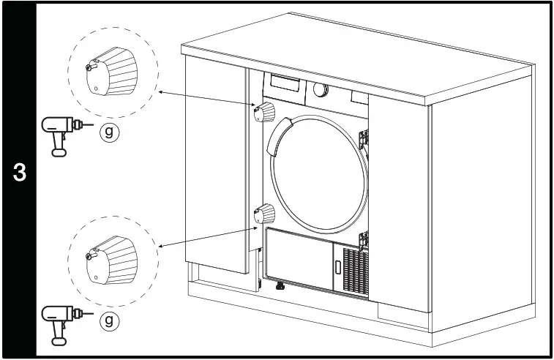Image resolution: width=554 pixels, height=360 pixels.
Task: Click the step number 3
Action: pyautogui.click(x=20, y=173)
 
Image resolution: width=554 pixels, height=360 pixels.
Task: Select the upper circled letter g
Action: pyautogui.click(x=108, y=132)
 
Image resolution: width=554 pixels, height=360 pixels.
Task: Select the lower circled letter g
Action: pyautogui.click(x=108, y=320)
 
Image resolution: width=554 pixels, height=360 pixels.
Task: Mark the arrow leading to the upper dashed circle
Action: pyautogui.click(x=205, y=101)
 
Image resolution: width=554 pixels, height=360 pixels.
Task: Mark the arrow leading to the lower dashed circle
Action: pyautogui.click(x=205, y=231)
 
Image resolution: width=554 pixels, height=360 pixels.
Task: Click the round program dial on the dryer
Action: pyautogui.click(x=321, y=89)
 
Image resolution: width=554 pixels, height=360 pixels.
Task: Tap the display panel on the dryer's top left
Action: pyautogui.click(x=287, y=82)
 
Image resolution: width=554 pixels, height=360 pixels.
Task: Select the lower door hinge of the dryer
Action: pyautogui.click(x=364, y=236)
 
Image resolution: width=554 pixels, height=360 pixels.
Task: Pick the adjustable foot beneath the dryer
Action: pyautogui.click(x=279, y=286)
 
